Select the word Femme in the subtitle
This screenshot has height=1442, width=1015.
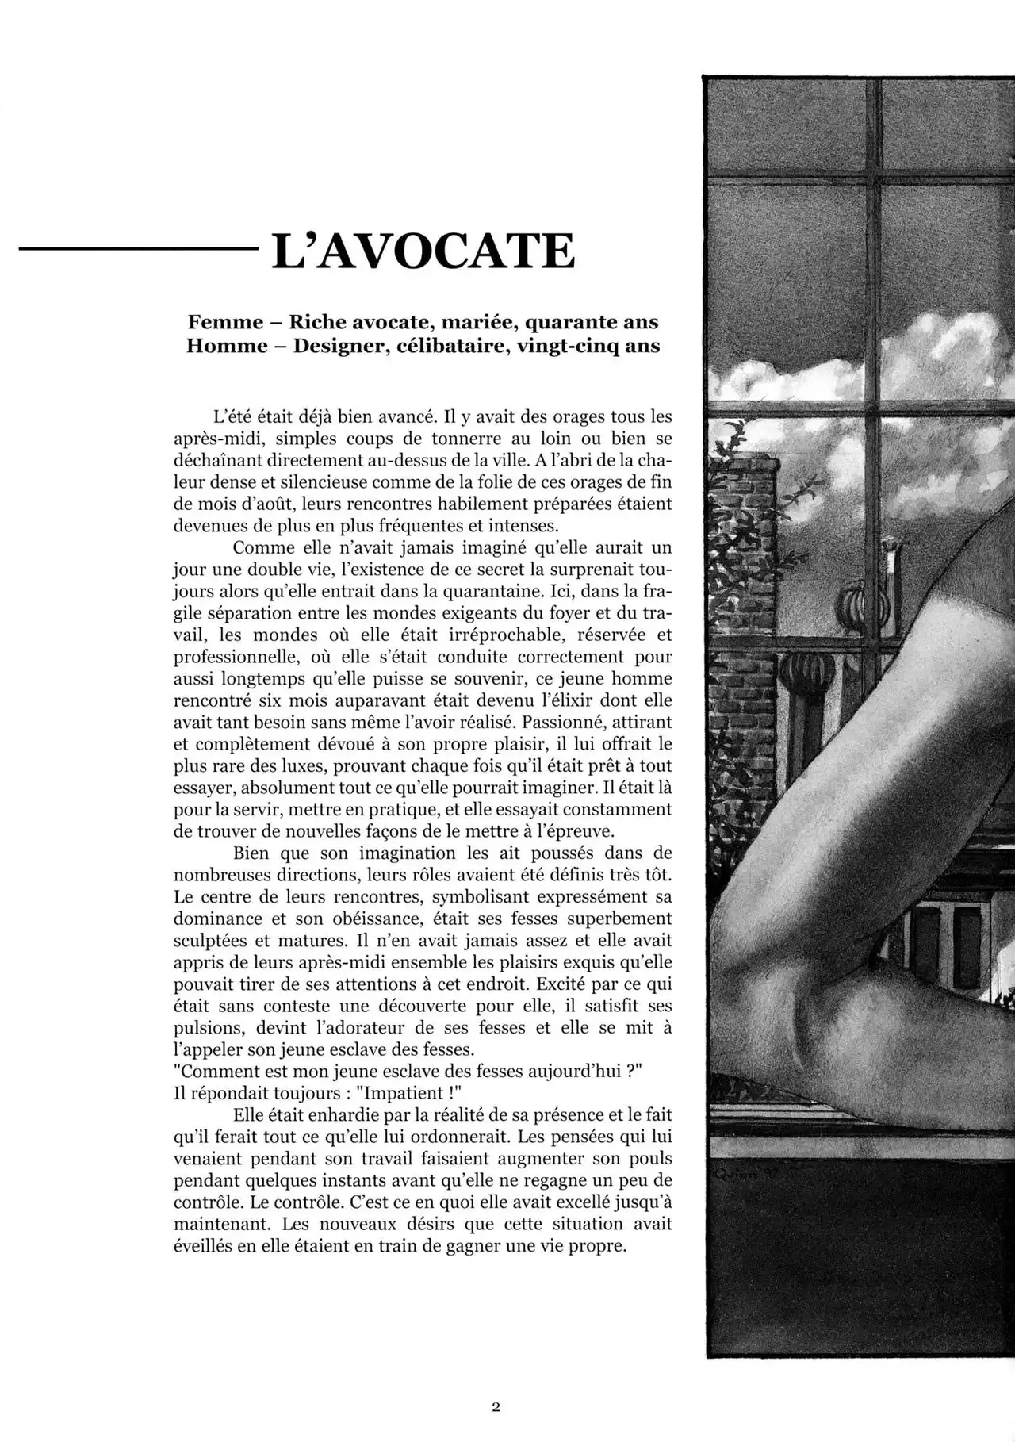(224, 322)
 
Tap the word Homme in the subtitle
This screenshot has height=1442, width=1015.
(226, 347)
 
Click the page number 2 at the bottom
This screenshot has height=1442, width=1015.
(496, 1408)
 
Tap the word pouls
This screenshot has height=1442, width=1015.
(652, 1158)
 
